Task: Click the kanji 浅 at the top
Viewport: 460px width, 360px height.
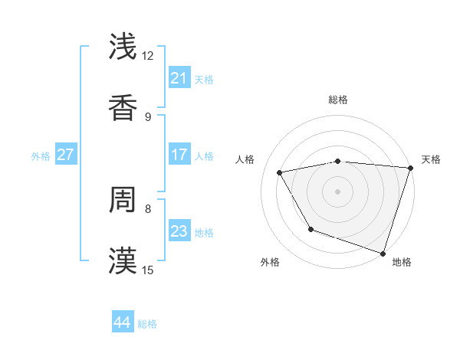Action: click(123, 47)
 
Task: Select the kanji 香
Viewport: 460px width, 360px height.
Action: click(123, 108)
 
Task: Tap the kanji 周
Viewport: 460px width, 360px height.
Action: click(123, 200)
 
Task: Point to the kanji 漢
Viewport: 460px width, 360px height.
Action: click(123, 261)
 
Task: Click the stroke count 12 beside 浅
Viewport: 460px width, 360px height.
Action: click(148, 55)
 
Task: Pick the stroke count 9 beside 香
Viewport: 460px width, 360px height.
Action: click(148, 116)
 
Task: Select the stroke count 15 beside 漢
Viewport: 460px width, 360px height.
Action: click(148, 270)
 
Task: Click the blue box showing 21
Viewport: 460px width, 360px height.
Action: click(179, 78)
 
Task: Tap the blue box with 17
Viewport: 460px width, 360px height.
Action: click(179, 155)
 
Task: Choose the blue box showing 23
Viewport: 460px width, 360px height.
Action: click(179, 231)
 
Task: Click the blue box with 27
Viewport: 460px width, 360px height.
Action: click(65, 155)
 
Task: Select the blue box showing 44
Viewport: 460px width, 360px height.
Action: click(123, 322)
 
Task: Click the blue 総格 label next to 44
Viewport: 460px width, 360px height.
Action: click(147, 324)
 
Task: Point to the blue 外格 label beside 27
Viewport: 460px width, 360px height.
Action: click(41, 156)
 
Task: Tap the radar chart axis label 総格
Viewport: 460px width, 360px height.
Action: click(338, 100)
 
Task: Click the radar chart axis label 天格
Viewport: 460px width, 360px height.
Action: click(431, 159)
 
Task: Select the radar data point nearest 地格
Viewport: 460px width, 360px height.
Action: click(383, 253)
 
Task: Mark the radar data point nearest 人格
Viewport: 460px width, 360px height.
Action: click(280, 172)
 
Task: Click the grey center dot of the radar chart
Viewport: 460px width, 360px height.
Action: click(338, 191)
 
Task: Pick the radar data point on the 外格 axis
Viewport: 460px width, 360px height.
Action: click(310, 229)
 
